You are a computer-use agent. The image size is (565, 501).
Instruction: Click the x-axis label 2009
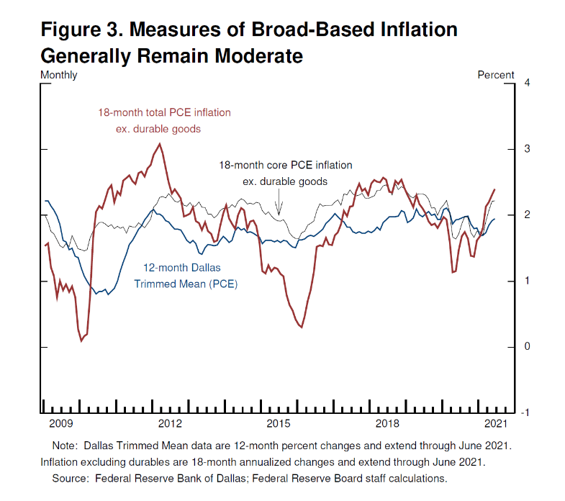coord(60,423)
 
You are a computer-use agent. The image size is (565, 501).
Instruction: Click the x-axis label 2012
coord(170,423)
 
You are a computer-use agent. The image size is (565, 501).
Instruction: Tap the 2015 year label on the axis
coord(279,423)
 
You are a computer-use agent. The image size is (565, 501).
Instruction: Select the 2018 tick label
coord(387,423)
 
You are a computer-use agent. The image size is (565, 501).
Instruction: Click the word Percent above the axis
coord(496,75)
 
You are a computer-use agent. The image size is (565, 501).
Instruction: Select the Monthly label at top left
coord(59,75)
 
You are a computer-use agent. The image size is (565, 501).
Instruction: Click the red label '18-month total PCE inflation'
coord(164,113)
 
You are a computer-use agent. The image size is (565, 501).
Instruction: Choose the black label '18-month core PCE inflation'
coord(286,166)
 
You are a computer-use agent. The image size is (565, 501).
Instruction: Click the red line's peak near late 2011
coord(159,144)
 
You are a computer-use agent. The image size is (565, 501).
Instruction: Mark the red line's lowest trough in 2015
coord(301,328)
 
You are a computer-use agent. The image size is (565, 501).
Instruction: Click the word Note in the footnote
coord(65,446)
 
